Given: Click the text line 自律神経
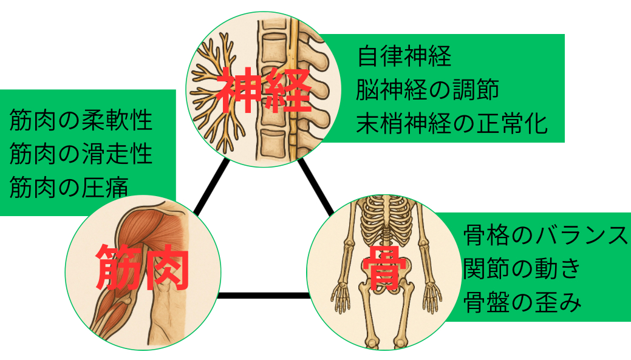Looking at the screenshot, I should (404, 57).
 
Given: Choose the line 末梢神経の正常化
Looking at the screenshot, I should (452, 124).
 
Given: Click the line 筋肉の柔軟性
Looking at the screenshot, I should (81, 120).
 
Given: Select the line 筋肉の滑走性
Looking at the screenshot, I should (81, 154).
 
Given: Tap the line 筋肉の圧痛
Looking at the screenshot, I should (69, 187).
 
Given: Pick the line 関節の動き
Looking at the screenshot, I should (522, 268).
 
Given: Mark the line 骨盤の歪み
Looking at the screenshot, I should (522, 301).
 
